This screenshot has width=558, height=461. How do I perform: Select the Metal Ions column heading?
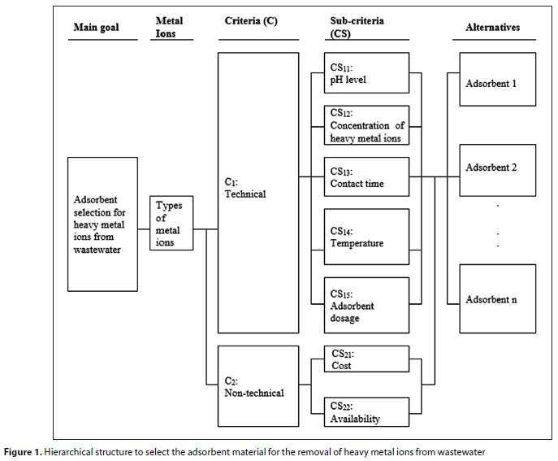coord(168,27)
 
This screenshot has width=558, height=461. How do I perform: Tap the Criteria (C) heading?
coord(251,21)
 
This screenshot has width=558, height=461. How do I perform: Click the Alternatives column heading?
coord(492,27)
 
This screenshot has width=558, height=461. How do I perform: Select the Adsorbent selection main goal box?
coord(102,224)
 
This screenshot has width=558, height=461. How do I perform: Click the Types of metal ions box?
coord(171,223)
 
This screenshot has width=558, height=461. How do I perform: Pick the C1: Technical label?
coord(244,189)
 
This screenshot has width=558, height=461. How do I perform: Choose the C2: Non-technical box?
coord(258,386)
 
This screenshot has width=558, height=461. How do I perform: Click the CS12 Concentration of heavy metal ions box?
coord(366,125)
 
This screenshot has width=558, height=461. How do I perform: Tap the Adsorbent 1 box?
coord(496,83)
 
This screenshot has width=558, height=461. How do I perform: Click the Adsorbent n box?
coord(496,298)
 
